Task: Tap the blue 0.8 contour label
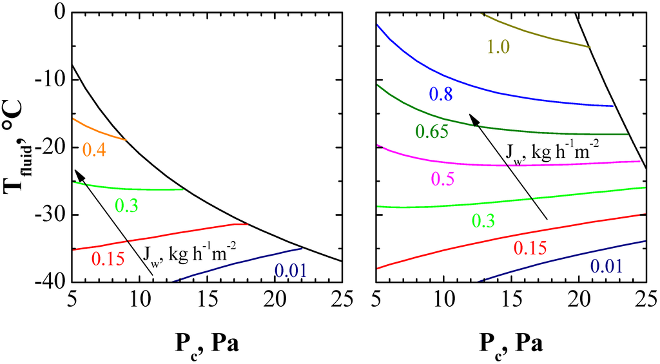tap(440, 94)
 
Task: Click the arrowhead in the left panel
tap(77, 172)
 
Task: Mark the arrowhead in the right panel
tap(472, 117)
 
